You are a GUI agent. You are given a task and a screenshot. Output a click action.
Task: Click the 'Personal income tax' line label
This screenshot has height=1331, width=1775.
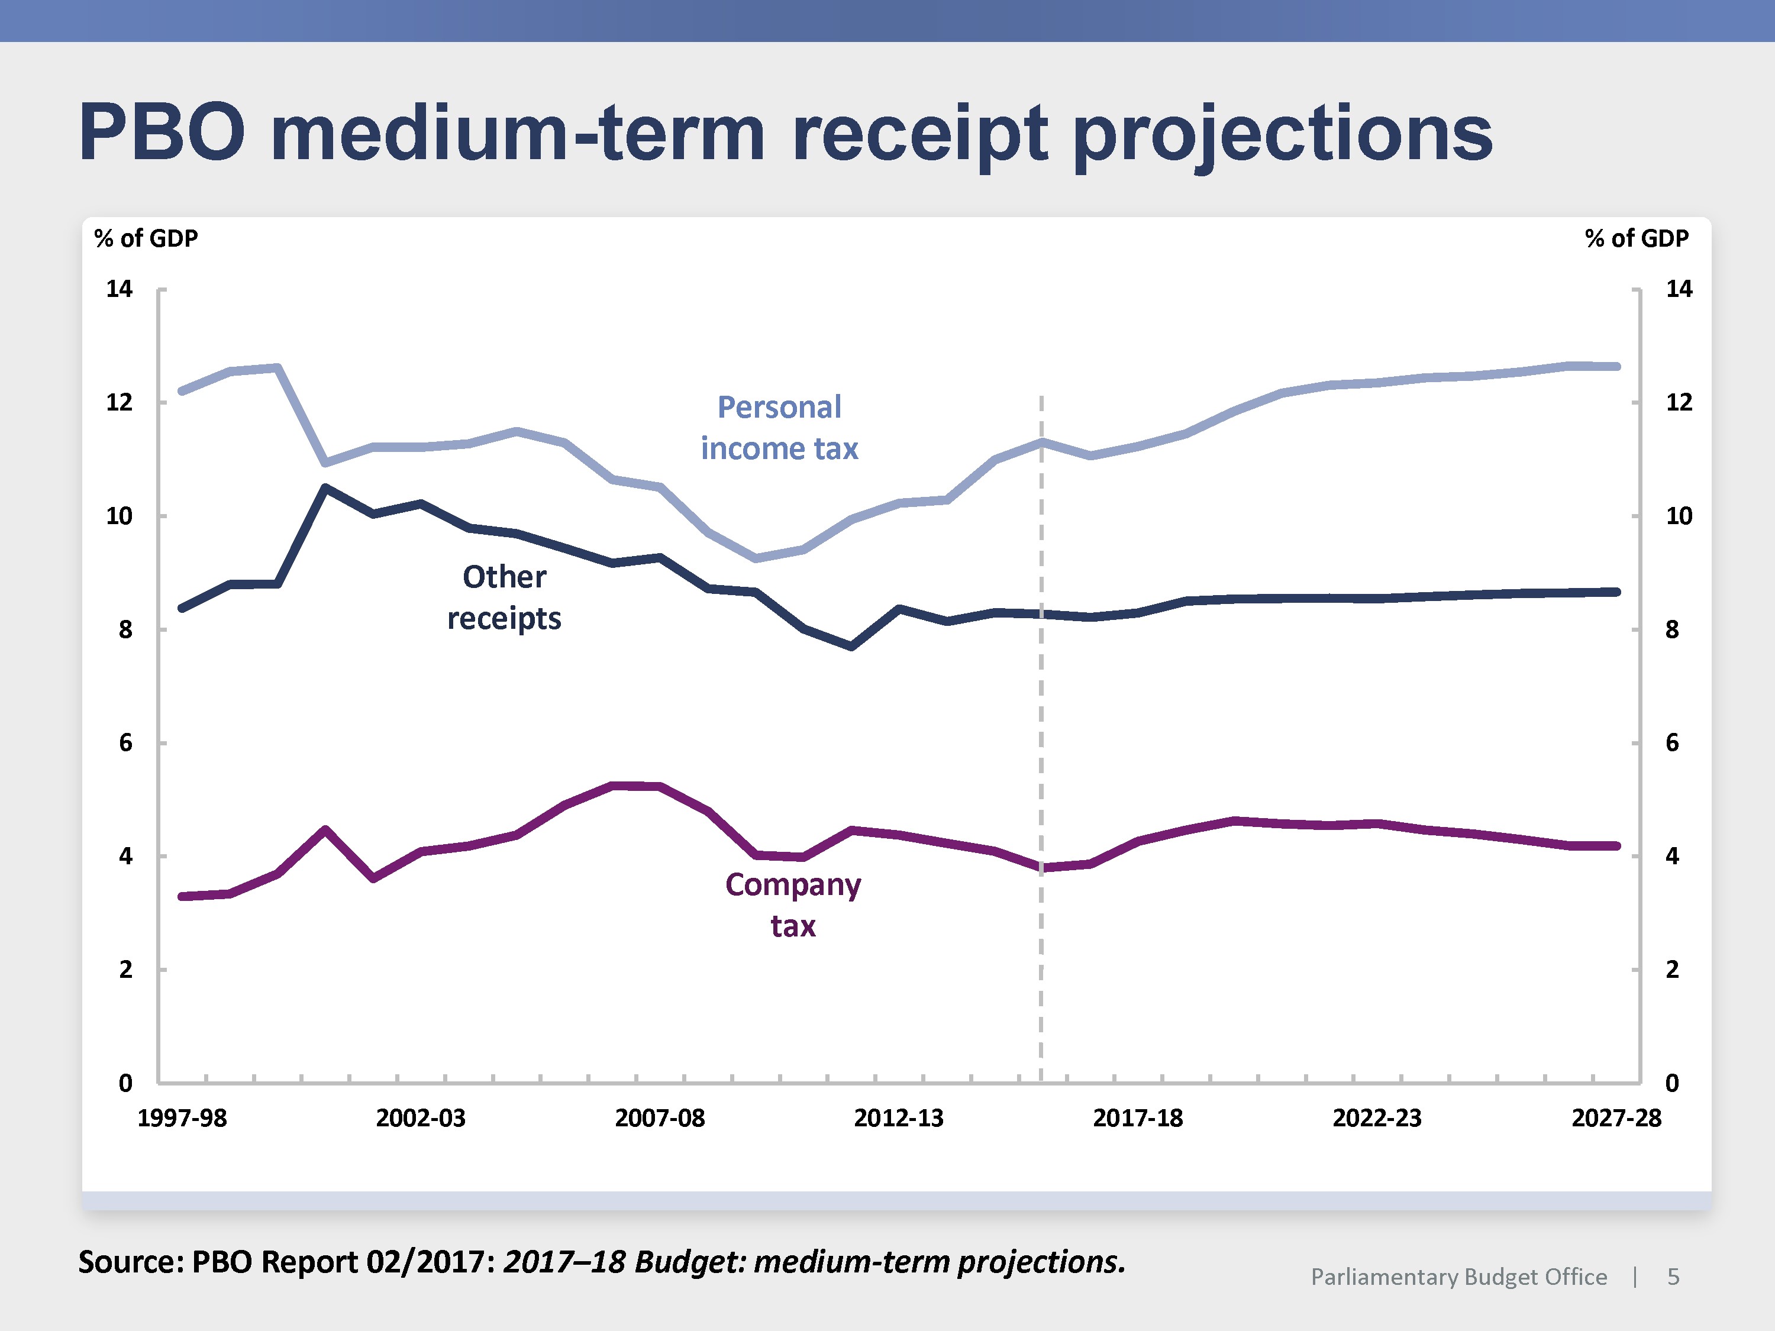click(779, 428)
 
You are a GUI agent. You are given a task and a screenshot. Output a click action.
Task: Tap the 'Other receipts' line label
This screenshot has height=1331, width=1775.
click(504, 597)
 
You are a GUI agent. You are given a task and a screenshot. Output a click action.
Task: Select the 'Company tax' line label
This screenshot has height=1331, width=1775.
click(793, 905)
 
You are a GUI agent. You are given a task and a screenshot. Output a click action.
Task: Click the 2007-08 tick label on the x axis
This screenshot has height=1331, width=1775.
click(660, 1117)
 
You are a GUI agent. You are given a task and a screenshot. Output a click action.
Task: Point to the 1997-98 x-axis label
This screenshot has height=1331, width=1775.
click(182, 1117)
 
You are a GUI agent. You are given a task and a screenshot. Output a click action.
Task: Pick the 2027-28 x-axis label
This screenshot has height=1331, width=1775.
click(1616, 1117)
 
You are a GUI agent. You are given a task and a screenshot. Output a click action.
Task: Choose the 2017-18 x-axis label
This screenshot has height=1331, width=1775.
click(1138, 1117)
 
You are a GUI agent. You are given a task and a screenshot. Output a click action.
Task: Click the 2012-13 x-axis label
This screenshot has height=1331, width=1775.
click(899, 1117)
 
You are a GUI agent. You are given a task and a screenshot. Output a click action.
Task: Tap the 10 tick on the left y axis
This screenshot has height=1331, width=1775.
click(120, 516)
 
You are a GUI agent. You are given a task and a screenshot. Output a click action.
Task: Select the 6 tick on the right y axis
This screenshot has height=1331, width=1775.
click(1672, 743)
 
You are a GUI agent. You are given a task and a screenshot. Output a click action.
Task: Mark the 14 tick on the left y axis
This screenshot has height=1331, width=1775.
click(120, 289)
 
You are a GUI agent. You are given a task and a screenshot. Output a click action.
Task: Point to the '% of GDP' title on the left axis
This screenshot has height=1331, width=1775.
click(146, 238)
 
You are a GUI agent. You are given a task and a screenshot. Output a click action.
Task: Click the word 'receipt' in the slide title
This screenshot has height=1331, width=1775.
click(919, 134)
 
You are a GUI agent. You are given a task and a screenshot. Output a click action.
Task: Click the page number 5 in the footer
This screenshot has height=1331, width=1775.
click(1673, 1277)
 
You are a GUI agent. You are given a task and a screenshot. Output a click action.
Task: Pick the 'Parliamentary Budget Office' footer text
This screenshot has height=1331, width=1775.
click(1459, 1277)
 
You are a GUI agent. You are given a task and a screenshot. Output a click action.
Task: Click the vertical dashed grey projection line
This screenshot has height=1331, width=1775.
click(1041, 722)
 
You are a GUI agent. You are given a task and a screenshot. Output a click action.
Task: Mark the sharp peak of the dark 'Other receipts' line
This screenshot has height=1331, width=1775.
click(325, 487)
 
